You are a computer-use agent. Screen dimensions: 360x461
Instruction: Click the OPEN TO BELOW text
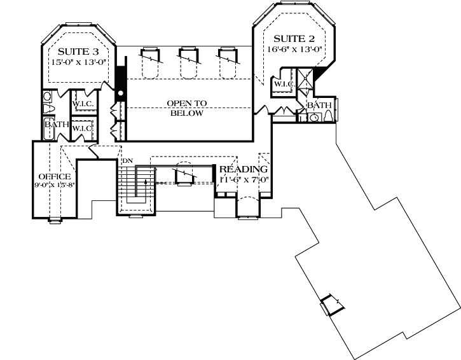coord(185,108)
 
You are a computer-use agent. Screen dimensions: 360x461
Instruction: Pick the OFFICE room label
coord(54,176)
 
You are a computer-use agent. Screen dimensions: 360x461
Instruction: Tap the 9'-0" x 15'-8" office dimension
coord(54,186)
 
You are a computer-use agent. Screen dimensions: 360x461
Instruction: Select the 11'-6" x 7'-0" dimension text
coord(245,179)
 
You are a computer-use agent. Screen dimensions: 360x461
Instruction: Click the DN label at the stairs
coord(127,161)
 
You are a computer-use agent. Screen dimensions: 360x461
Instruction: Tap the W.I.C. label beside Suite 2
coord(283,84)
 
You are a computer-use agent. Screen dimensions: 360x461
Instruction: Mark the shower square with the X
coord(306,82)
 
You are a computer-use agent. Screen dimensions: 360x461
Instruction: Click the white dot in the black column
coord(120,99)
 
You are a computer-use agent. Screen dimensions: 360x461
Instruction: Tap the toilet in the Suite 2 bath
coord(326,116)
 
